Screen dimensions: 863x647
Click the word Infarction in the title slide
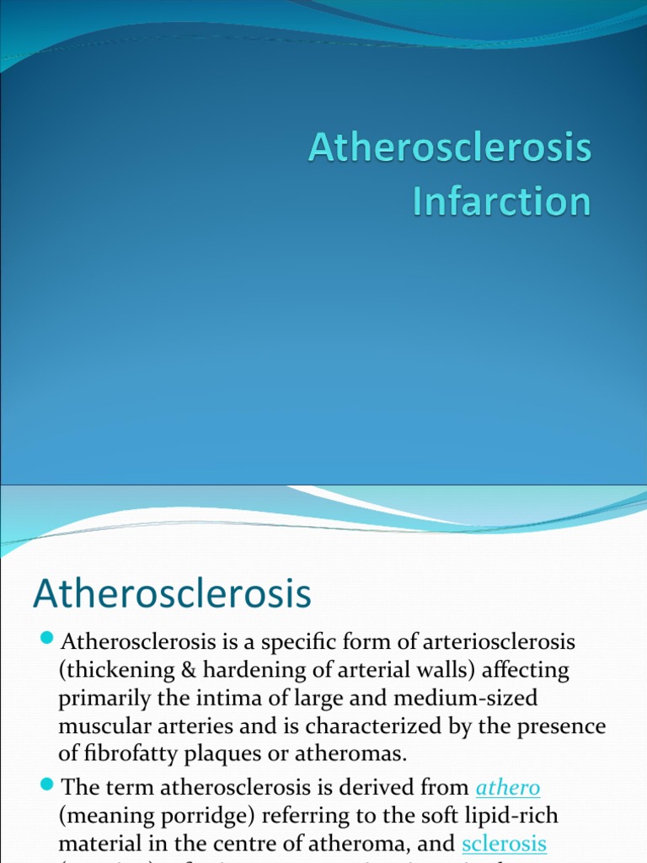[x=501, y=202]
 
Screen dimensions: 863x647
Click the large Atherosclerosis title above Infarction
[x=449, y=148]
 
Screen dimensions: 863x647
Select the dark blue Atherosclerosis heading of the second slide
[x=172, y=593]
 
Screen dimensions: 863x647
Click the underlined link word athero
[x=508, y=788]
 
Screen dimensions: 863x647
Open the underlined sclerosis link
[x=505, y=844]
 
